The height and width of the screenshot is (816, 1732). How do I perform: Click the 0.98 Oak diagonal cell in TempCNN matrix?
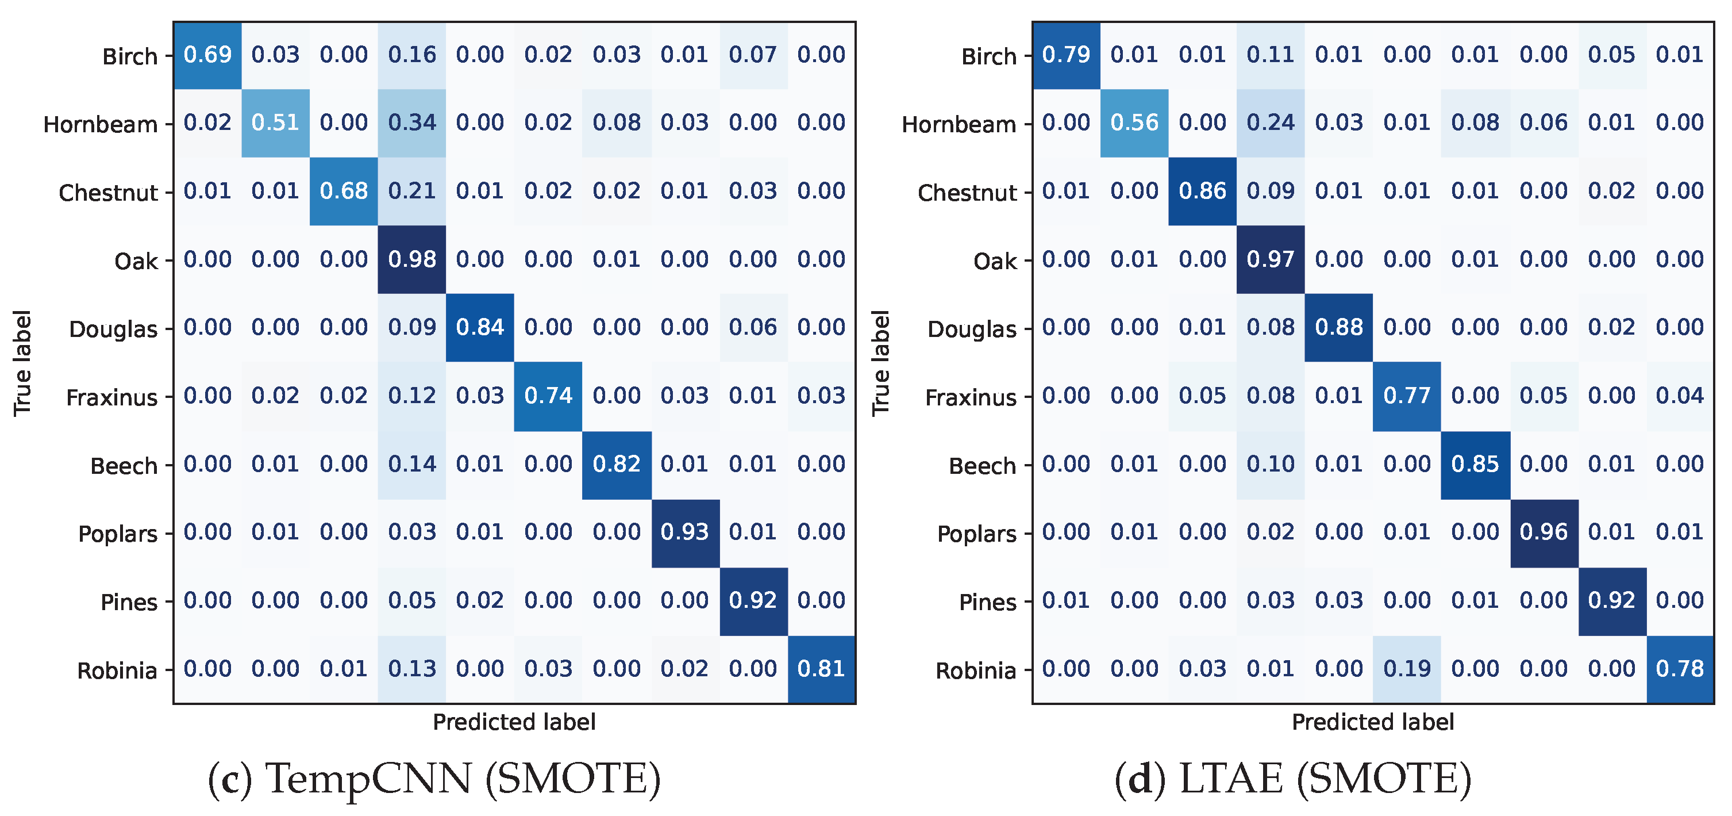[x=411, y=260]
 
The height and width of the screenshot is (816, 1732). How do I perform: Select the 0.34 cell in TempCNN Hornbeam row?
[x=411, y=123]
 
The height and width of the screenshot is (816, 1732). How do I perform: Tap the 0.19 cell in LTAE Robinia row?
[x=1407, y=669]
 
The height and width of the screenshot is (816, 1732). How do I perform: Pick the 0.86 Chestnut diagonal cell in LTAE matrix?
[x=1202, y=191]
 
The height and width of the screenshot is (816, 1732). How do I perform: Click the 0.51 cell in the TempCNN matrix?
[x=275, y=123]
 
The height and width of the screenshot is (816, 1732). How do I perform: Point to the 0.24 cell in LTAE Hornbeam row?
[x=1270, y=123]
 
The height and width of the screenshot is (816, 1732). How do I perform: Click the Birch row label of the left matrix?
[x=130, y=57]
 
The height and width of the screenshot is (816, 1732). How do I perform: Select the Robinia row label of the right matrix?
[x=976, y=671]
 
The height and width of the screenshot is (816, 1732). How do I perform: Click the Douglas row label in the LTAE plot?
[x=972, y=330]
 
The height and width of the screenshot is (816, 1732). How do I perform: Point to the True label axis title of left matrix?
[x=22, y=363]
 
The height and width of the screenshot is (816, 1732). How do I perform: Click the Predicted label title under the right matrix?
[x=1372, y=722]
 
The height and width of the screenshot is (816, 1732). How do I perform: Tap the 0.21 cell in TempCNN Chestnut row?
[x=411, y=191]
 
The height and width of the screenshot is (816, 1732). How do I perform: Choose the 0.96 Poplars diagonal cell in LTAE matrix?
[x=1543, y=533]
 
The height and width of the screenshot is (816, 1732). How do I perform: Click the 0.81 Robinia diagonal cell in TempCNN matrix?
[x=821, y=669]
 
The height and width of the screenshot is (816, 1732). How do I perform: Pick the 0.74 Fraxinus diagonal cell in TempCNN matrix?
[x=548, y=396]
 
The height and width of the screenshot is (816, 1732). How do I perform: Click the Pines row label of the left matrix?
[x=128, y=603]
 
